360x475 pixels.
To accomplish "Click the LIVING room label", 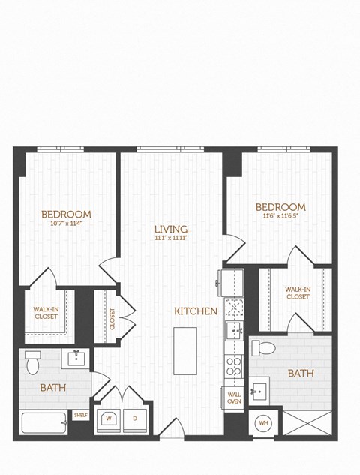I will pos(170,229).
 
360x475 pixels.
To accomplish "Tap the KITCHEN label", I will pos(196,311).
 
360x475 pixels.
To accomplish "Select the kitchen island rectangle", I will pos(184,350).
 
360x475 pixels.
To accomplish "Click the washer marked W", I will pos(109,418).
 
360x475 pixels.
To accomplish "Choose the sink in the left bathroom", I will pos(76,358).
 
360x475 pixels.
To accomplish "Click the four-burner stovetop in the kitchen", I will pos(233,366).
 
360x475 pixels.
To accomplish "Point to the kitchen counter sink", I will pos(233,331).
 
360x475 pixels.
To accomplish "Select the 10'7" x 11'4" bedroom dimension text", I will pos(66,224).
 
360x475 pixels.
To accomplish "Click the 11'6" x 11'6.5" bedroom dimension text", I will pos(280,216).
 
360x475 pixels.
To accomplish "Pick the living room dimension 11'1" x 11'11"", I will pos(170,239).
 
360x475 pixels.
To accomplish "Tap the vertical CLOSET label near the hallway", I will pos(112,318).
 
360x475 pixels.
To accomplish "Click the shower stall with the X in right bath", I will pos(306,422).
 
